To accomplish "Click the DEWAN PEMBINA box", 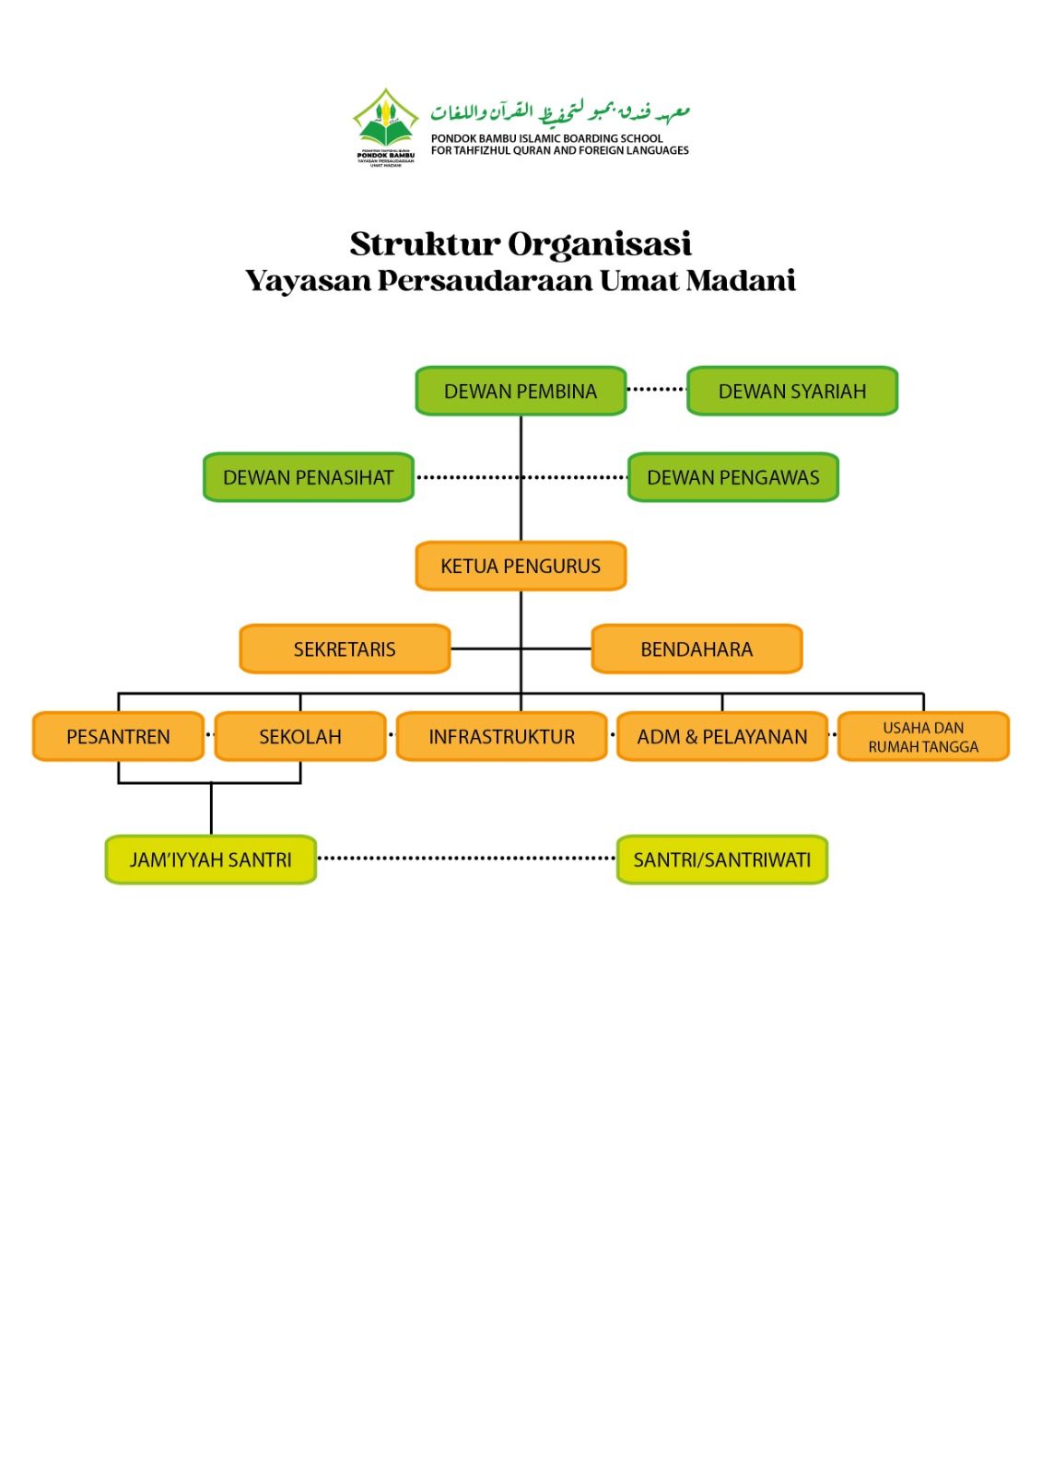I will point(521,392).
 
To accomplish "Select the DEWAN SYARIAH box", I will point(792,392).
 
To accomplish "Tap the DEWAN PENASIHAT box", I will point(309,477).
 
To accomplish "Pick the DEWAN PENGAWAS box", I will point(733,477).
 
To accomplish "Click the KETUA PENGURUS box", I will point(521,566).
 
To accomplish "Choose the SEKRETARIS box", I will point(345,649).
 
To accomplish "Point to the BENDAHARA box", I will point(697,649).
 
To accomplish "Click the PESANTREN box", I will point(118,737).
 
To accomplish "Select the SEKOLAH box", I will point(300,737).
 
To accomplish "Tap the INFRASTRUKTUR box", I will point(502,737).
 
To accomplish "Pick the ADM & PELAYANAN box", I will point(722,737).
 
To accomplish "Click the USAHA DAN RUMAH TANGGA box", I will point(923,737).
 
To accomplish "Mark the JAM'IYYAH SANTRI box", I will point(211,860).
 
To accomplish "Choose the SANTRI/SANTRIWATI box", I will point(722,860).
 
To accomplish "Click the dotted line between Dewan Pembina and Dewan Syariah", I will point(657,390).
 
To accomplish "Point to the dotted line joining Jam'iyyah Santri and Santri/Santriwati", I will point(466,859).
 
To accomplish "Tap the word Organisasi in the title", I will point(599,244).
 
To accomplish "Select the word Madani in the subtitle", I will point(741,280).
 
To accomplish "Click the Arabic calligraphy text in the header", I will point(560,112).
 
